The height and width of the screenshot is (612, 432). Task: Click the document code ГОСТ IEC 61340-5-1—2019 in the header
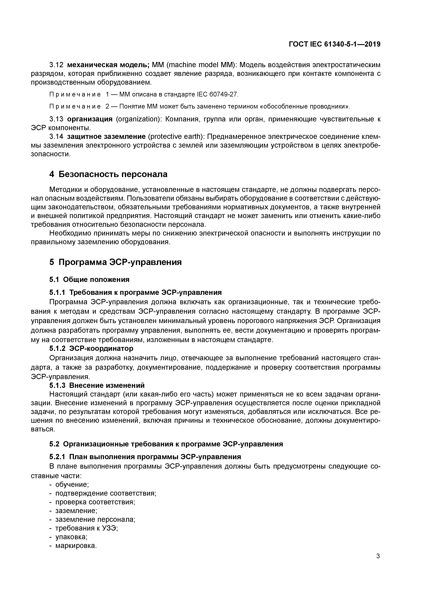tap(335, 44)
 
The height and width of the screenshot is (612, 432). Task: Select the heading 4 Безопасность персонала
tap(108, 174)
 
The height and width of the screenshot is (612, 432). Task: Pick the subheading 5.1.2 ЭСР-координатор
tap(91, 348)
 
